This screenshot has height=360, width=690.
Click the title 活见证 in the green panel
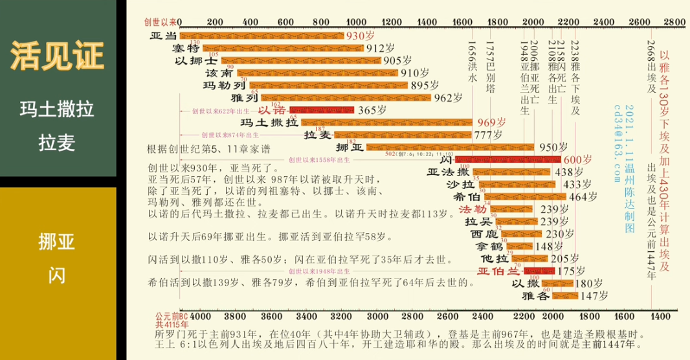pos(58,56)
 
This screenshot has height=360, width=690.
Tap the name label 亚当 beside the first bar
pos(163,36)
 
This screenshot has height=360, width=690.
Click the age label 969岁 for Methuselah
pos(491,122)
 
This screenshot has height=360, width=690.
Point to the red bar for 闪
pos(507,159)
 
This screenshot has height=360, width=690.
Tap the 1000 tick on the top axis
pos(356,22)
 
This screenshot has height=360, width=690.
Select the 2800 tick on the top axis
pos(674,22)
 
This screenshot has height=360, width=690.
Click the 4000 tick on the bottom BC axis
pos(199,316)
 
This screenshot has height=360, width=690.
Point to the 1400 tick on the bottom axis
pos(660,316)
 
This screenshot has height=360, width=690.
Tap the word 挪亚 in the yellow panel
pos(58,243)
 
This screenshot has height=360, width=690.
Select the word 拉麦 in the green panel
pos(58,142)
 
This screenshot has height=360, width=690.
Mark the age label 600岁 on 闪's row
pos(577,159)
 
